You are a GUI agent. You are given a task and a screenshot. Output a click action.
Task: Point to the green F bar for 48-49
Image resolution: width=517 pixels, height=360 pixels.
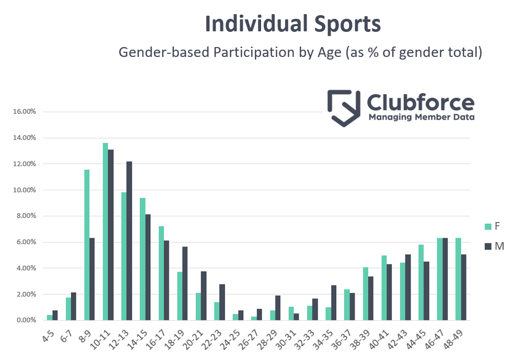point(458,279)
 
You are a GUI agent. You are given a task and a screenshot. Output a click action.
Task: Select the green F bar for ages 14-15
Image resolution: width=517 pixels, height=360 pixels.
point(143,259)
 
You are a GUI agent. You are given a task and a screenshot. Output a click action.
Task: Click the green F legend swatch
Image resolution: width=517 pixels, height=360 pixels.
point(488,226)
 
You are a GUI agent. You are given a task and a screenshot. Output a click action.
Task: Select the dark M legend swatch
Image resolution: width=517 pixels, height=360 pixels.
point(488,246)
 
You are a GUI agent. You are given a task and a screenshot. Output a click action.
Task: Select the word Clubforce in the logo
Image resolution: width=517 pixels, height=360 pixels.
point(421,102)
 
